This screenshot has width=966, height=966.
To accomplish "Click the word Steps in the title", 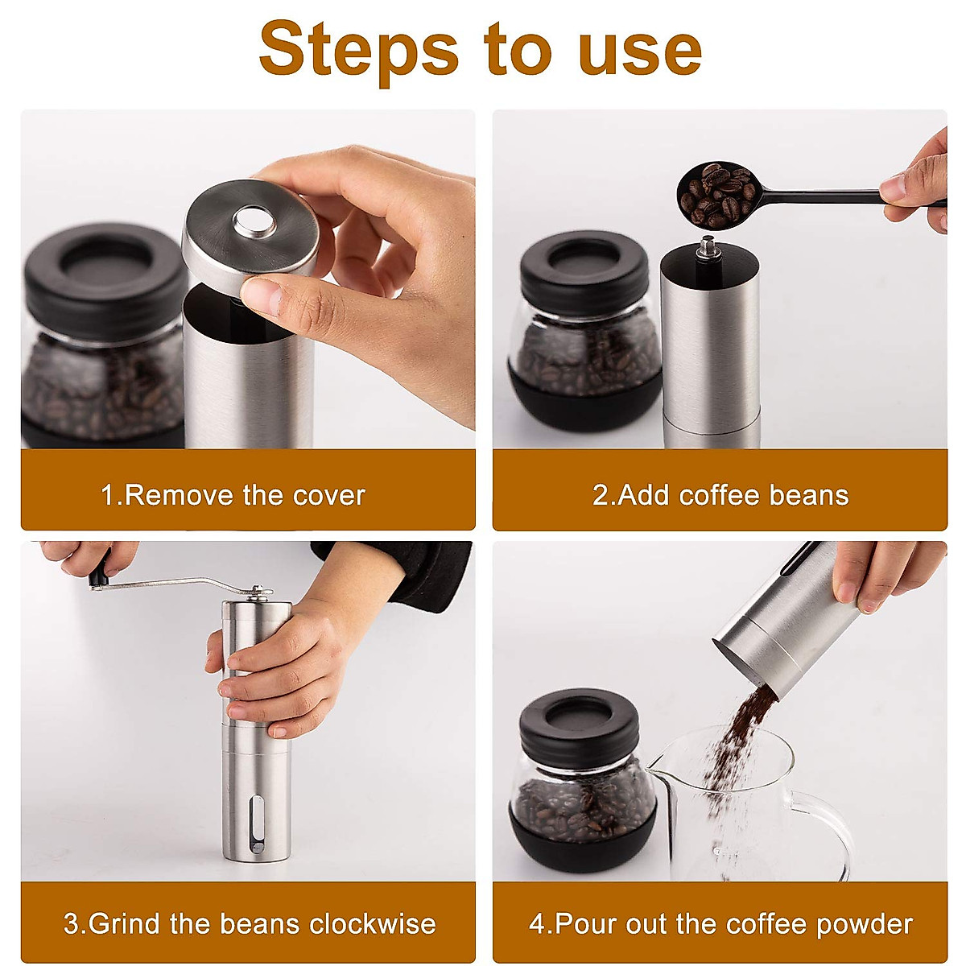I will [x=358, y=50].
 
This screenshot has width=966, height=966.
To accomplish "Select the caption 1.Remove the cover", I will [x=233, y=495].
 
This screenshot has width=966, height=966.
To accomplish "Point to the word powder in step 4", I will [x=865, y=923].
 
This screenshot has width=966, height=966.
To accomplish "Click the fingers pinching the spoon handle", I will [x=910, y=193].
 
